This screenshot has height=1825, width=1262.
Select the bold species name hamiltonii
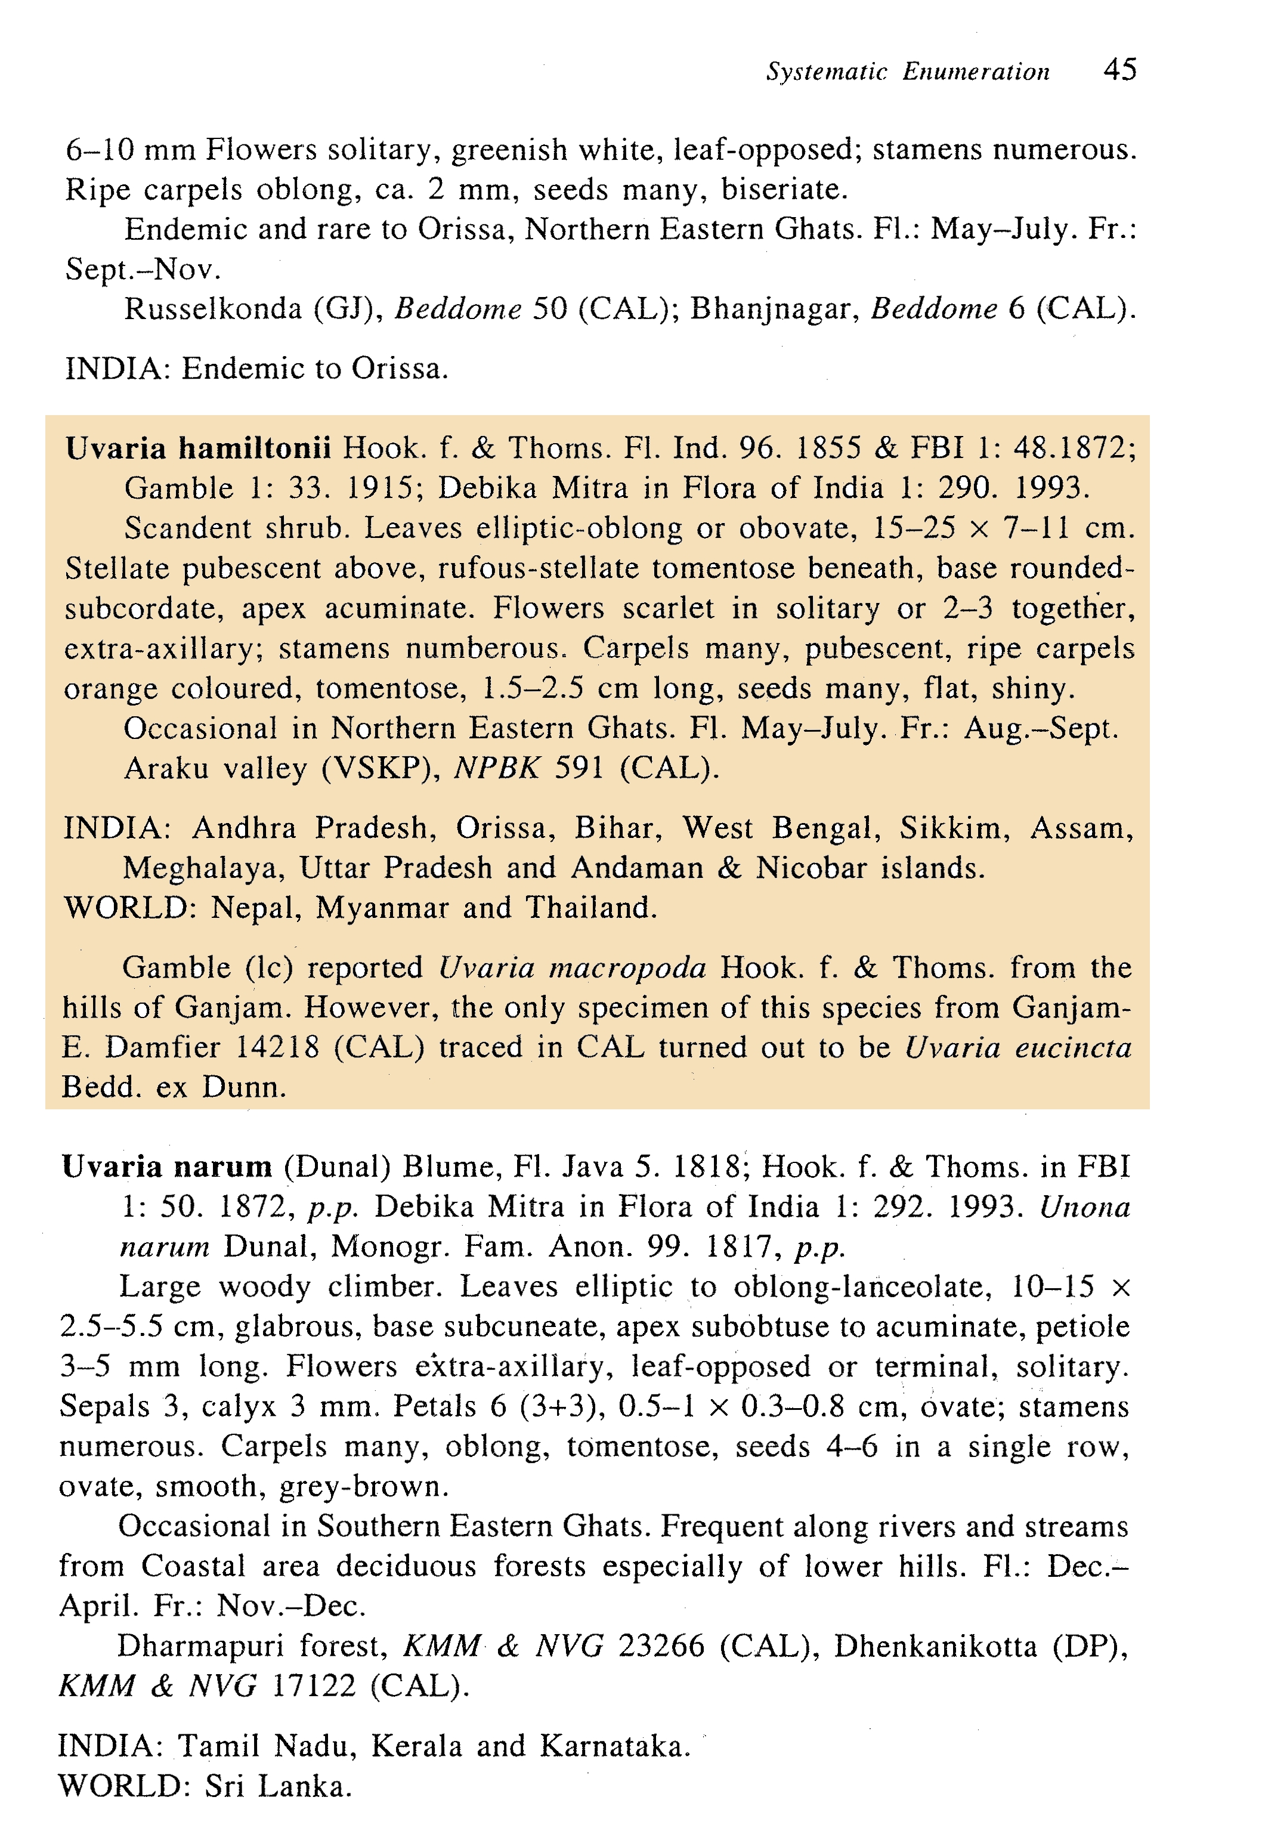[x=255, y=448]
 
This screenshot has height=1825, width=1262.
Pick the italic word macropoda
[x=572, y=968]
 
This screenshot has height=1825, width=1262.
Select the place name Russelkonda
[x=213, y=308]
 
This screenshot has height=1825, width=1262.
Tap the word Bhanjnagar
[x=774, y=308]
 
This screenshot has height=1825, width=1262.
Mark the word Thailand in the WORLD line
[x=590, y=908]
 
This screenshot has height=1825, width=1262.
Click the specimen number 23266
[x=660, y=1646]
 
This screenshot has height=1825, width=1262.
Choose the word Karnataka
[x=614, y=1746]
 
